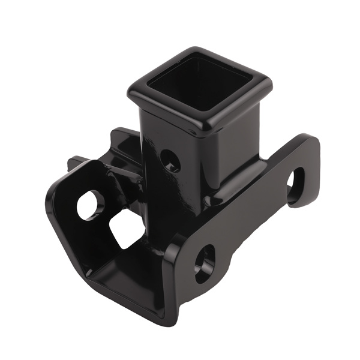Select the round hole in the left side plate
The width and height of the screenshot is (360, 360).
(x=90, y=205)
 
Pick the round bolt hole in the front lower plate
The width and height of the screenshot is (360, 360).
(x=204, y=262)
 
